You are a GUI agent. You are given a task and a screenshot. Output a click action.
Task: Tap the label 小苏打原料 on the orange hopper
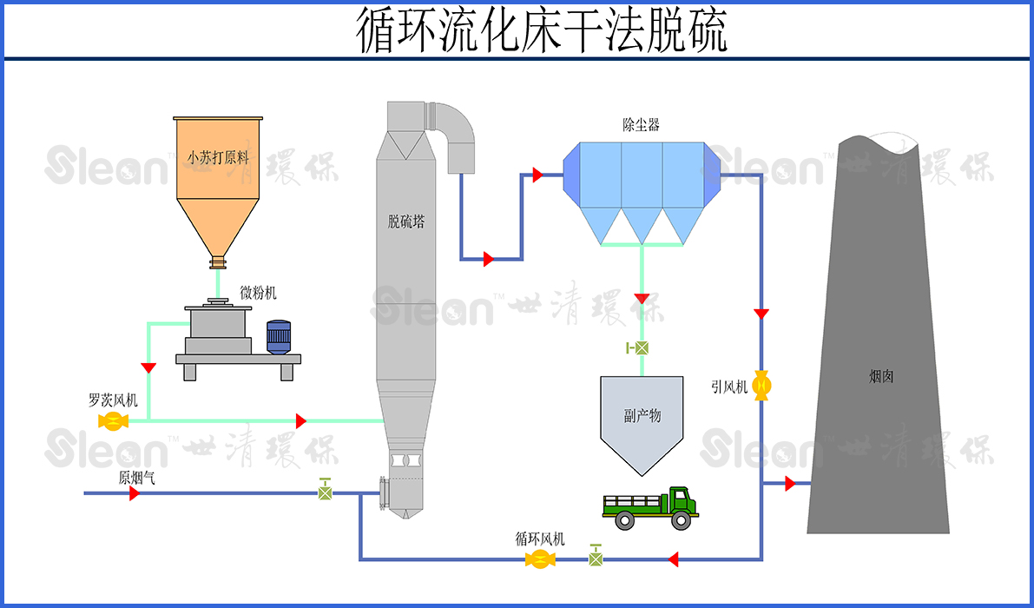[218, 158]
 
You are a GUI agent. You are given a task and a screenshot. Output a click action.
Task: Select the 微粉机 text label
[259, 294]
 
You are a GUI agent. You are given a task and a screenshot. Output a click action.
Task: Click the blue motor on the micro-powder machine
[279, 337]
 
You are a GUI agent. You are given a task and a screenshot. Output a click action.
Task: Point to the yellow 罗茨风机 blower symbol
[113, 421]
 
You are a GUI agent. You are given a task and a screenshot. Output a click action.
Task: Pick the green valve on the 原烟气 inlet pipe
[325, 492]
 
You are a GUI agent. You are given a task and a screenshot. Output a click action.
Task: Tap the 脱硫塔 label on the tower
[406, 221]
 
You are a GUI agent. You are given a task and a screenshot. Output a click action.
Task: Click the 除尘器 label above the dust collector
[641, 125]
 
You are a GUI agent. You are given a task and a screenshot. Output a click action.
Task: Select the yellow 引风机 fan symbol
[761, 385]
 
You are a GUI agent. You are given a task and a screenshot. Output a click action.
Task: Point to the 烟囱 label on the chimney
[881, 376]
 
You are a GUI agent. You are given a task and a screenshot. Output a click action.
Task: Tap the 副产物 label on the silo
[642, 415]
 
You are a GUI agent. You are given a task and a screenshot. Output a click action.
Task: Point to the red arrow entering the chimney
[790, 484]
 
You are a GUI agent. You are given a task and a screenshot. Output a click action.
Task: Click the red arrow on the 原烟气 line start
[135, 493]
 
